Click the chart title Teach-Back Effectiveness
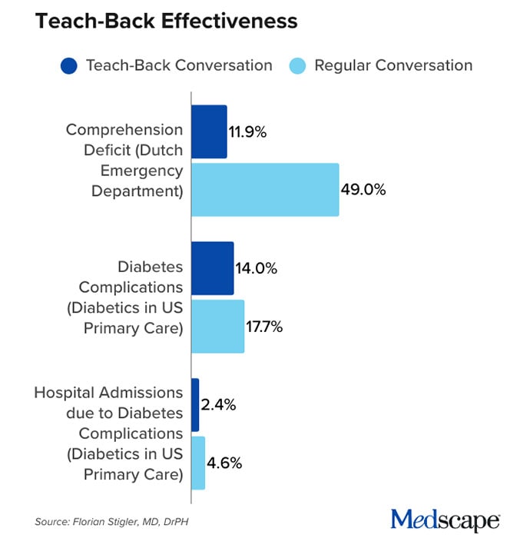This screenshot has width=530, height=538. tap(166, 22)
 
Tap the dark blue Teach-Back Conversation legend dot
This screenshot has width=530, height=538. tap(68, 65)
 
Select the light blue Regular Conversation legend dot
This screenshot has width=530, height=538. tap(296, 65)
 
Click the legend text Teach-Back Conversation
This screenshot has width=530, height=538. tap(179, 65)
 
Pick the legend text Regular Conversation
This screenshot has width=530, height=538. tap(393, 65)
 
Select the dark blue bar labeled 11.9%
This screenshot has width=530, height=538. tap(209, 131)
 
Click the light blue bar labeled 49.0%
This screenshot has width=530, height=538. tap(265, 189)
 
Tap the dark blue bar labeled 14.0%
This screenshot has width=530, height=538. tap(213, 268)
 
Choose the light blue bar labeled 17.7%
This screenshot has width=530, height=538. tap(218, 327)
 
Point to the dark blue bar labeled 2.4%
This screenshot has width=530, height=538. tap(195, 405)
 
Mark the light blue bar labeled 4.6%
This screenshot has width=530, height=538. tap(198, 463)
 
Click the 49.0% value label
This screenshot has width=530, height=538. tap(365, 190)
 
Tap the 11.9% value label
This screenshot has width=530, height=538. tap(247, 132)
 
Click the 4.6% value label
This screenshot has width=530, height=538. tap(225, 463)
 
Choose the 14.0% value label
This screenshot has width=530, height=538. tap(256, 269)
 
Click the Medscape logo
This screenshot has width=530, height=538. tap(446, 519)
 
